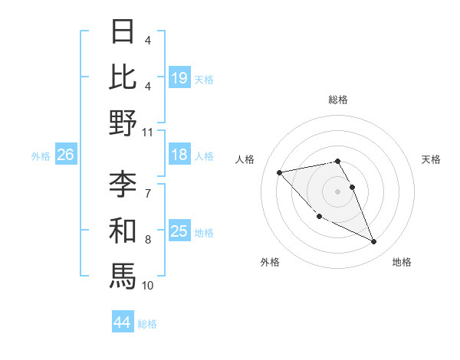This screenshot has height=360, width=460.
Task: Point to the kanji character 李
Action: pyautogui.click(x=123, y=184)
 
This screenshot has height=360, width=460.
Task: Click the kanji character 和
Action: pyautogui.click(x=123, y=230)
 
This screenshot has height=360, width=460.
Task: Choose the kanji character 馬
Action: pyautogui.click(x=123, y=275)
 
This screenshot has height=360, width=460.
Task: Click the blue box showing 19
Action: pyautogui.click(x=179, y=77)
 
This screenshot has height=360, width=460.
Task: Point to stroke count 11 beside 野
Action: pyautogui.click(x=148, y=132)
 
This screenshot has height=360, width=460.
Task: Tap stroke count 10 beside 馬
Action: pyautogui.click(x=148, y=285)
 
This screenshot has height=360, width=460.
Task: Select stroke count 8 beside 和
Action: pyautogui.click(x=148, y=239)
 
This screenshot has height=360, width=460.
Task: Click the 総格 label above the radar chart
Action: pyautogui.click(x=337, y=100)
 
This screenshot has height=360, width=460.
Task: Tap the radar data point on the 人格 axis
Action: pyautogui.click(x=280, y=172)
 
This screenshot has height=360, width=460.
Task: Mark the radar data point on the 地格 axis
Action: pyautogui.click(x=373, y=242)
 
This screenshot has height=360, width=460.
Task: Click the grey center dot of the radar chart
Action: pyautogui.click(x=337, y=191)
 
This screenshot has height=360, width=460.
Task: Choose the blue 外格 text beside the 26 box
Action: pyautogui.click(x=41, y=156)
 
